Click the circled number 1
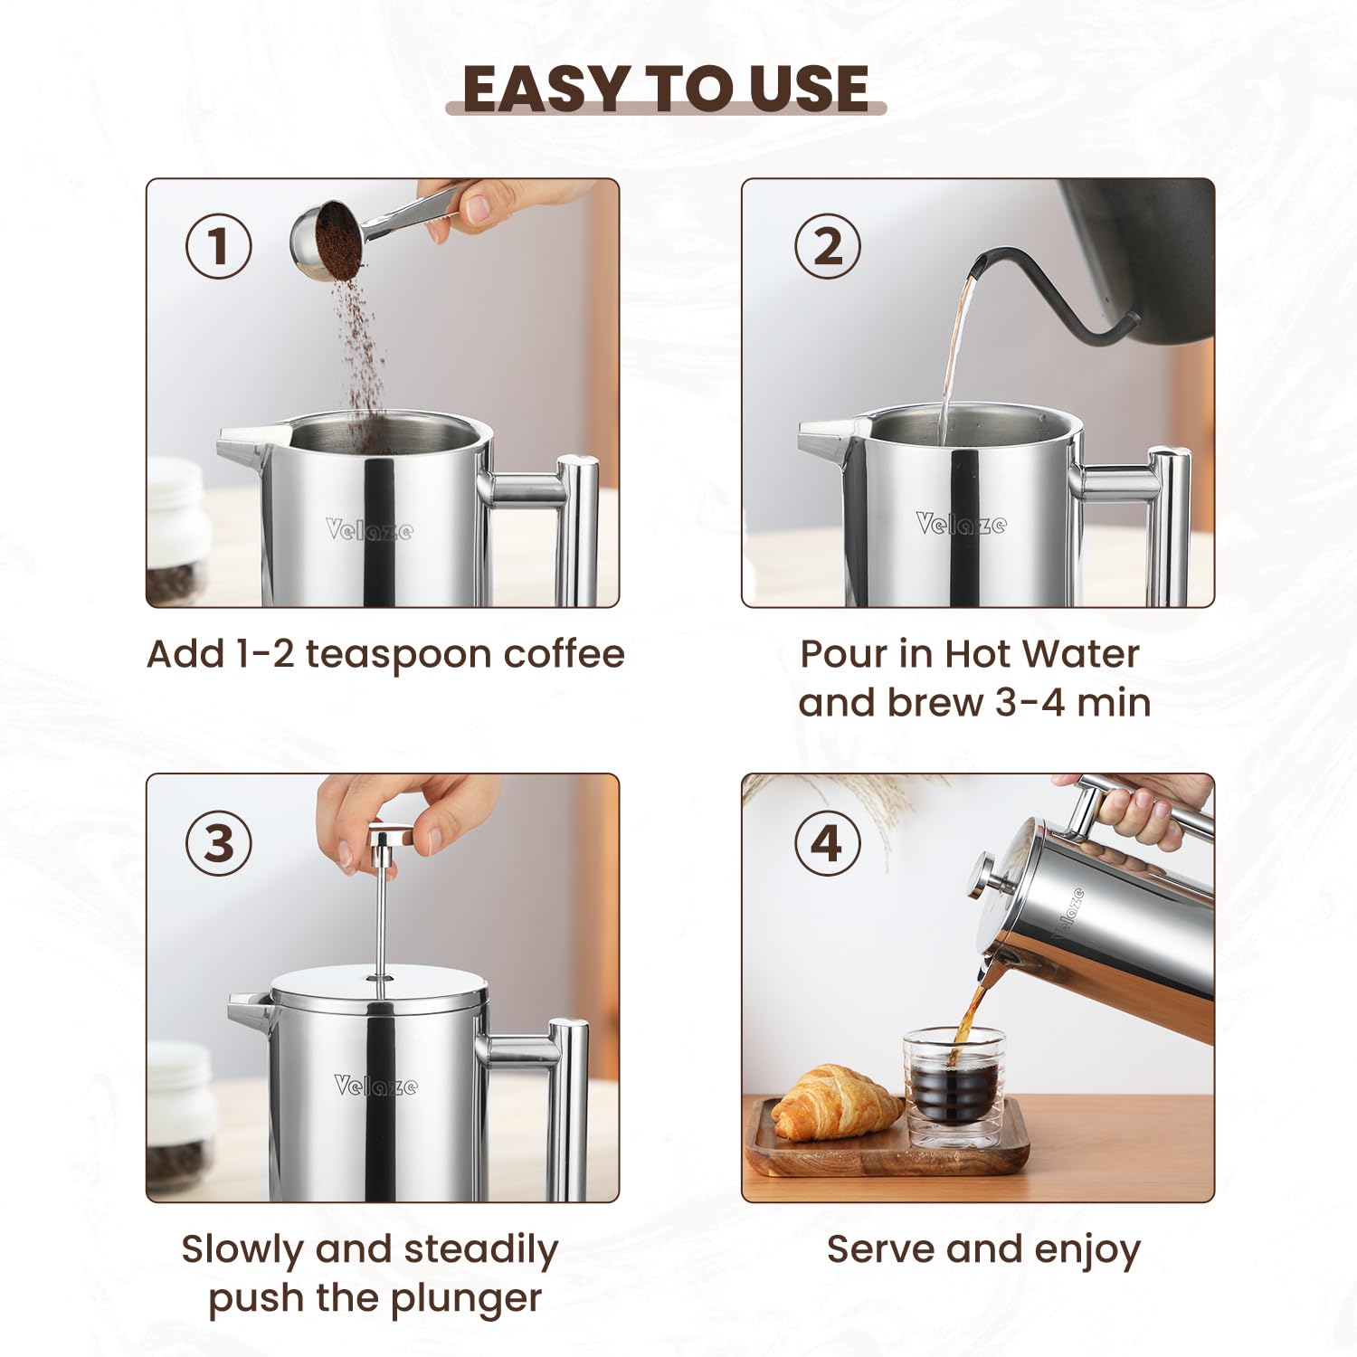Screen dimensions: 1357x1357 coord(218,246)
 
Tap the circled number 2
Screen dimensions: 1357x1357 coord(827,246)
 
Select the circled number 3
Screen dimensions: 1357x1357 coord(218,843)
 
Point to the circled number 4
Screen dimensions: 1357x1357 coord(827,843)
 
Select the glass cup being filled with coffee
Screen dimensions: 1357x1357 coord(954,1086)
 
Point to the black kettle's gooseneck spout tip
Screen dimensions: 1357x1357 coord(977,265)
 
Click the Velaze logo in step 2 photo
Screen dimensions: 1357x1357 coord(960,524)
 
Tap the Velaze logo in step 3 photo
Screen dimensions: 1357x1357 coord(375,1085)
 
